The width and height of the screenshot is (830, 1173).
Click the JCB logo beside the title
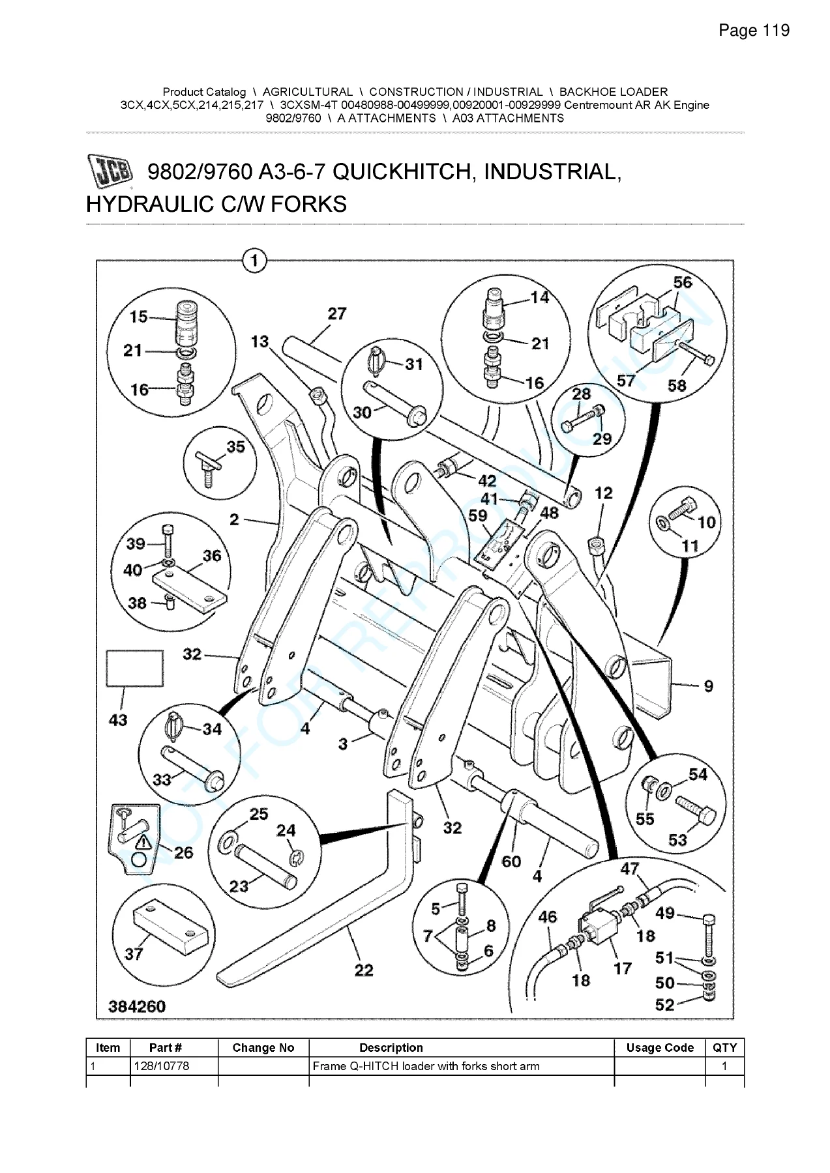tap(110, 172)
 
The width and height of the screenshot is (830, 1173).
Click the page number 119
tap(776, 31)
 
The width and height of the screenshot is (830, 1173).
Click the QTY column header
tap(724, 1048)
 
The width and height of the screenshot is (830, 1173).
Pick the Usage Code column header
tap(660, 1048)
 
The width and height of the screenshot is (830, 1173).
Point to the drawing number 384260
tap(137, 1006)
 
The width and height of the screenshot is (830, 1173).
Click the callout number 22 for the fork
tap(364, 970)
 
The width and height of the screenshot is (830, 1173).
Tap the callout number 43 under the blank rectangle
tap(118, 720)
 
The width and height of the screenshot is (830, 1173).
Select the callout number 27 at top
tap(336, 313)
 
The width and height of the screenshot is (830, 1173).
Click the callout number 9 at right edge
tap(709, 686)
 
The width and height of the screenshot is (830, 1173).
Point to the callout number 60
tap(511, 862)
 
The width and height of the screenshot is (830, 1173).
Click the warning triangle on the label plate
tap(143, 842)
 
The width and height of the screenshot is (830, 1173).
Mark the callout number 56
tap(683, 282)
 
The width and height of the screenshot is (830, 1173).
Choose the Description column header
tap(391, 1048)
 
